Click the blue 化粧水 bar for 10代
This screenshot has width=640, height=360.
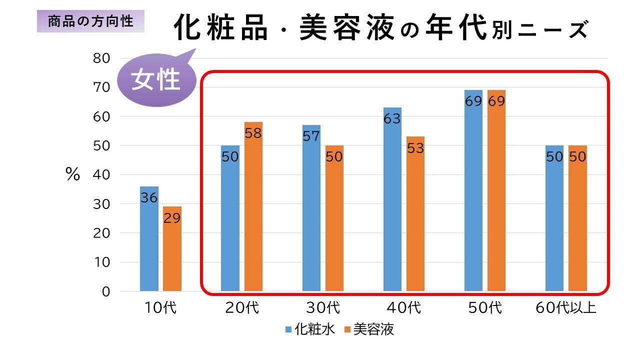tap(149, 240)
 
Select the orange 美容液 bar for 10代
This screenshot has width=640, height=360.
tap(172, 250)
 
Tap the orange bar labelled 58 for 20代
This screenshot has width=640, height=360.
tap(253, 210)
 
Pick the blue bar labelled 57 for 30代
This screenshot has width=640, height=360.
tap(311, 210)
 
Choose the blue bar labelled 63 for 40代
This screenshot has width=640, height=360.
tap(392, 200)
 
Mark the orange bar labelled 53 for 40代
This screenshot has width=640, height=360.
tap(415, 215)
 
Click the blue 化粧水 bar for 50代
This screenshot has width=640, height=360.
tap(473, 190)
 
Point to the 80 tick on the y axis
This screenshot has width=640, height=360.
tap(101, 58)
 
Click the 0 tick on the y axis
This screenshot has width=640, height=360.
tap(105, 291)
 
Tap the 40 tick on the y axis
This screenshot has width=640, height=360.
tap(101, 175)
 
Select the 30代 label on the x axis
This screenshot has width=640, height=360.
tap(322, 307)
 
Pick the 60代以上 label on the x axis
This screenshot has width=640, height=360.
tap(566, 307)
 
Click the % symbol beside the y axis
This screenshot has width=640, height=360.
tap(72, 175)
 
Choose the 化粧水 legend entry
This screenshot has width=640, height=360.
tap(305, 329)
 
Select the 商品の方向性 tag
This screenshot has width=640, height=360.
tap(90, 21)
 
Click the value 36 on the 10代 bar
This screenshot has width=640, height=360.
tap(149, 197)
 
